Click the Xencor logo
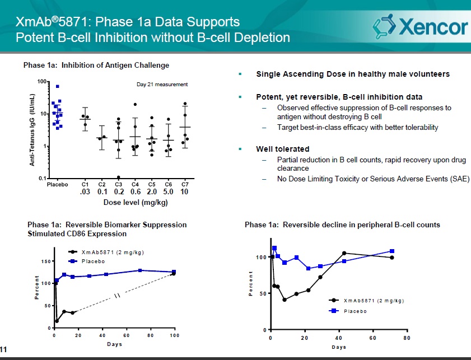420,26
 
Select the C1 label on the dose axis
86,184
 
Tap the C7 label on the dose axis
184,184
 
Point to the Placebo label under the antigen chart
57,184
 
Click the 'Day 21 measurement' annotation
162,85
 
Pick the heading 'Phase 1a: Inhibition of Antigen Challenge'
96,66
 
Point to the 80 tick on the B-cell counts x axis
407,338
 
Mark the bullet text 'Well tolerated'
282,149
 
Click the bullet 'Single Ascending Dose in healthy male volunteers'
352,74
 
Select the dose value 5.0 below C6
168,192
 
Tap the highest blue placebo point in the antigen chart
57,86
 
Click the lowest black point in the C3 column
118,177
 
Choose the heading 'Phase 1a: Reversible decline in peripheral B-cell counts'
342,225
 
